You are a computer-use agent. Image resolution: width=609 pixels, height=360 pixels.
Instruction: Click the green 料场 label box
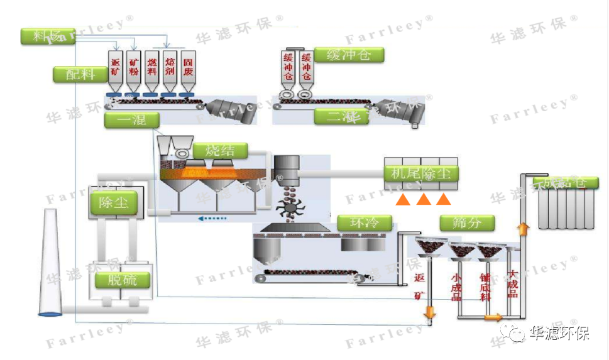(48, 36)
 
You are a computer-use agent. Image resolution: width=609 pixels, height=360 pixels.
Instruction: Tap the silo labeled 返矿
(115, 70)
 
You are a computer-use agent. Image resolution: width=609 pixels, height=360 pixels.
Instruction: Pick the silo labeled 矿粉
(133, 70)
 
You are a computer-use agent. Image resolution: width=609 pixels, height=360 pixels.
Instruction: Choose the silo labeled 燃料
(151, 70)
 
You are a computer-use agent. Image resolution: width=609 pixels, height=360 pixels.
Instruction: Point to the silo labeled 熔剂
(169, 70)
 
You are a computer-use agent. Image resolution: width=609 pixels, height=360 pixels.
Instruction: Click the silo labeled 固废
(187, 70)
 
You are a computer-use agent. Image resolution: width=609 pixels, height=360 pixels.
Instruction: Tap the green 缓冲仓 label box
(349, 55)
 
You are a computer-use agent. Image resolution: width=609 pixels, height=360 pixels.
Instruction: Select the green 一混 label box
(132, 120)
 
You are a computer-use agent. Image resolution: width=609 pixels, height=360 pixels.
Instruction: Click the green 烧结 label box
(220, 151)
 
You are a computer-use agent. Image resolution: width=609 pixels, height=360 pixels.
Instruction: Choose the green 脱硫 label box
(122, 280)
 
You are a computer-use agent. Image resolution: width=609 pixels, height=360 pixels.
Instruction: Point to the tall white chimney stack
(51, 264)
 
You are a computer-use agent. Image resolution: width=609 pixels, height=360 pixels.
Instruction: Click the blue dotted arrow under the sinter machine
(212, 219)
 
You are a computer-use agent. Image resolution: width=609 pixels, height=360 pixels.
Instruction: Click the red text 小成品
(456, 286)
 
